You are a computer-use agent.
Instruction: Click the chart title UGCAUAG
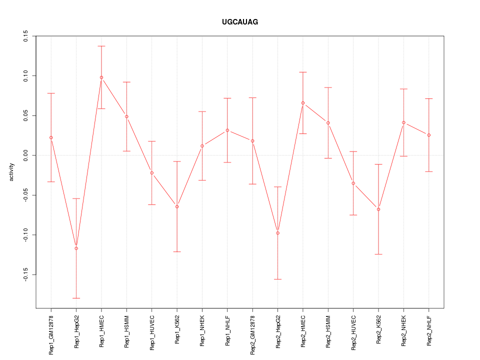point(240,22)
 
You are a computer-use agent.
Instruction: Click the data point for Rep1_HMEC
point(101,77)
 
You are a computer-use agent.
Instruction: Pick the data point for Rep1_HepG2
point(76,248)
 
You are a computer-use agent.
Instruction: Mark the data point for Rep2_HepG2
point(277,233)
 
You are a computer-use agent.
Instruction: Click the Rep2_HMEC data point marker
point(303,103)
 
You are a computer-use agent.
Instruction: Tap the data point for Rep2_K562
point(378,209)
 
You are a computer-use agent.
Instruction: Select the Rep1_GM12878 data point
point(51,137)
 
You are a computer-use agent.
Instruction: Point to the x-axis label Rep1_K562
point(177,330)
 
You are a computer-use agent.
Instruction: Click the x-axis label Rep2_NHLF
point(429,330)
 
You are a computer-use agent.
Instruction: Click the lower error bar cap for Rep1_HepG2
point(76,298)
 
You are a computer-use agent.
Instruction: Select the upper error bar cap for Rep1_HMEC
point(101,46)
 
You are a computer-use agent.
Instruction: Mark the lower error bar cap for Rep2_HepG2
point(277,279)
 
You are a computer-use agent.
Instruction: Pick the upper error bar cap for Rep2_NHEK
point(403,89)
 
